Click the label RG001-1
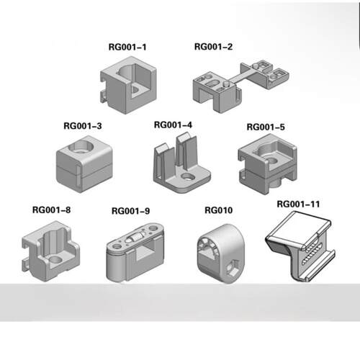[x=127, y=47]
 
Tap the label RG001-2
[x=213, y=47]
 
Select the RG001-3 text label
[x=83, y=126]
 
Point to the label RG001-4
[x=173, y=125]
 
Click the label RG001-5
[x=266, y=127]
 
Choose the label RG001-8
[x=51, y=210]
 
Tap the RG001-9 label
[x=131, y=211]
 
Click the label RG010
[x=219, y=210]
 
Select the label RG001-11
[x=298, y=204]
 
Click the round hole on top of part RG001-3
[x=81, y=146]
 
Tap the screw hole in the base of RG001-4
[x=188, y=177]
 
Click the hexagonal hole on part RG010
[x=233, y=269]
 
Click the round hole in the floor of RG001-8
[x=55, y=260]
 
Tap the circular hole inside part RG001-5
[x=271, y=161]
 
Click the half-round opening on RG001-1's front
[x=135, y=89]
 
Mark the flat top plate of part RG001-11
[x=300, y=229]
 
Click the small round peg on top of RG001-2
[x=226, y=84]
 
